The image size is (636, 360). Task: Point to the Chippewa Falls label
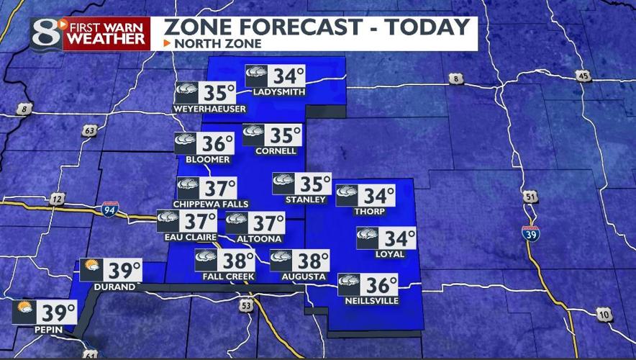click(x=211, y=204)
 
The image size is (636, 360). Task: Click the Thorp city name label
click(x=370, y=212)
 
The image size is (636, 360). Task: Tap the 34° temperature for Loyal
click(x=399, y=238)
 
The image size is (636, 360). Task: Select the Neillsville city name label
click(x=373, y=300)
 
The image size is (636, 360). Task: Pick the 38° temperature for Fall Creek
click(x=237, y=260)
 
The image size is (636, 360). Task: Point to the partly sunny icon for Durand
click(x=91, y=269)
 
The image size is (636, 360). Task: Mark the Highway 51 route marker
click(x=531, y=197)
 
